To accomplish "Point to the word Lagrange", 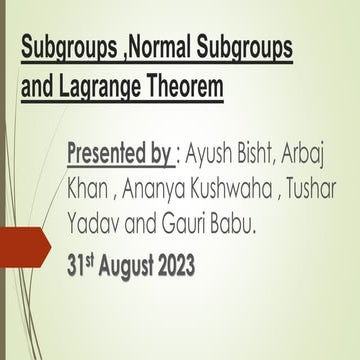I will point(103,91).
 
